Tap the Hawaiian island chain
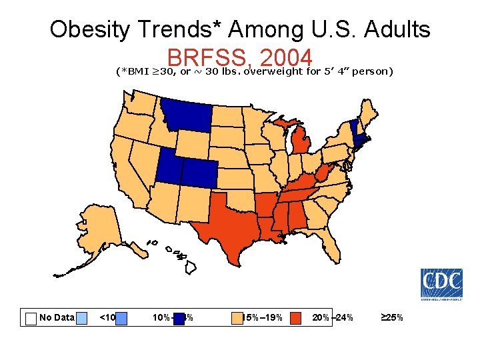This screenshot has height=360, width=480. click(177, 256)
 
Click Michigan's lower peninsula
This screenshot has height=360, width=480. click(303, 143)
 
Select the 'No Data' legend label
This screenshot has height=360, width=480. click(57, 317)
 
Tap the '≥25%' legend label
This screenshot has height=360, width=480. click(391, 317)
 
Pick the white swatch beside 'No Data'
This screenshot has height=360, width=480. click(30, 318)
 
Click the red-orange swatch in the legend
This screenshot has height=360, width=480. click(297, 318)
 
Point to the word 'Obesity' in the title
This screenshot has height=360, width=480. click(91, 29)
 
